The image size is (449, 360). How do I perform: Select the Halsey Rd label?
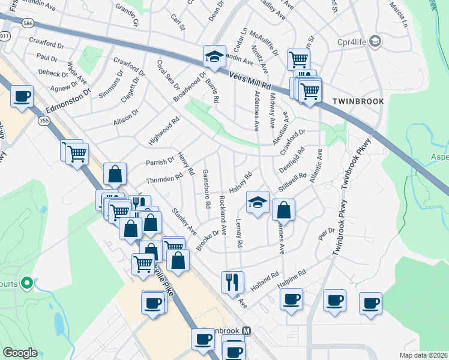click(x=243, y=180)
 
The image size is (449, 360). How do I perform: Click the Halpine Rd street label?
click(x=292, y=277)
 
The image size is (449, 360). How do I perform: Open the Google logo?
click(x=20, y=353)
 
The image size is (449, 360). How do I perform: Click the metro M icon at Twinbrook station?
click(x=246, y=331)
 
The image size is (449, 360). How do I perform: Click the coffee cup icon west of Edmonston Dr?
click(x=22, y=96)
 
